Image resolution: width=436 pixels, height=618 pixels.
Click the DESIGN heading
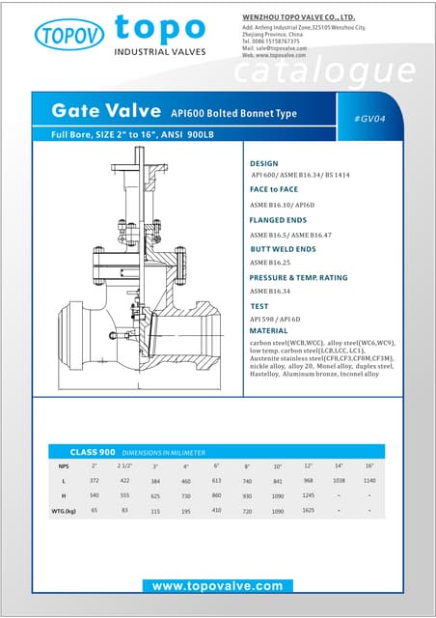263,163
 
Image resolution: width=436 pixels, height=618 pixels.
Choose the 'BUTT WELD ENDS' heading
284,249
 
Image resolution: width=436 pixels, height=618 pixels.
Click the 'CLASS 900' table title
93,452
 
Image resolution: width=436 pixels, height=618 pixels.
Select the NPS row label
64,466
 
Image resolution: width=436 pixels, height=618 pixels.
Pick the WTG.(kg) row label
64,510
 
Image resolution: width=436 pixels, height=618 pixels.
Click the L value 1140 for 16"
369,481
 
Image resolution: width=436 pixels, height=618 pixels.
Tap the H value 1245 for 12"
309,495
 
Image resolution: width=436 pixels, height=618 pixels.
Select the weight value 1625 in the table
309,510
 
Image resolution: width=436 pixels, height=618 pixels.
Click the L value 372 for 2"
95,481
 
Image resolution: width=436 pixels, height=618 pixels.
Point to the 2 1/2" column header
124,466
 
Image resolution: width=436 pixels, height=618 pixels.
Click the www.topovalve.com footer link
217,586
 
